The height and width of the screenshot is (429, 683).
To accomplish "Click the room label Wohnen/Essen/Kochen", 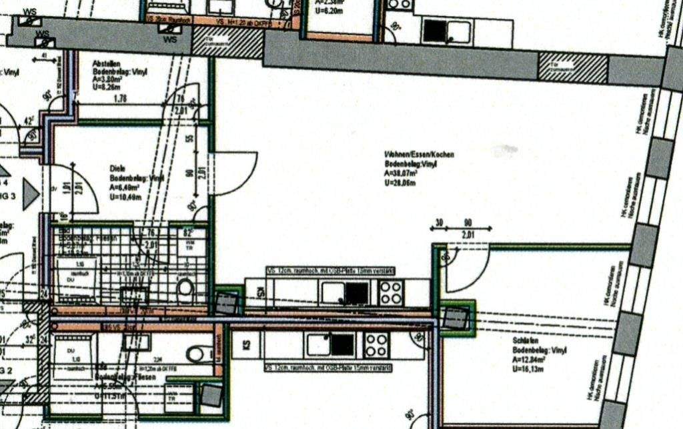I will (419, 154).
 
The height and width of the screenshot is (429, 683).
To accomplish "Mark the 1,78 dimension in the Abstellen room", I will (120, 99).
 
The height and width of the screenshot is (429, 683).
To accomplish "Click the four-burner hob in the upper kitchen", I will (392, 291).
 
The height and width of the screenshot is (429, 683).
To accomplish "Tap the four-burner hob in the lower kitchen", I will (377, 344).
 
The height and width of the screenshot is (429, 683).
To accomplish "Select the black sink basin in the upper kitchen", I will (356, 292).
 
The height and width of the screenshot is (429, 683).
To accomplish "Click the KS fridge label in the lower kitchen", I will (246, 346).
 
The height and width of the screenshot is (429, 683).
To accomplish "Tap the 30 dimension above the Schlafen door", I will (440, 222).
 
